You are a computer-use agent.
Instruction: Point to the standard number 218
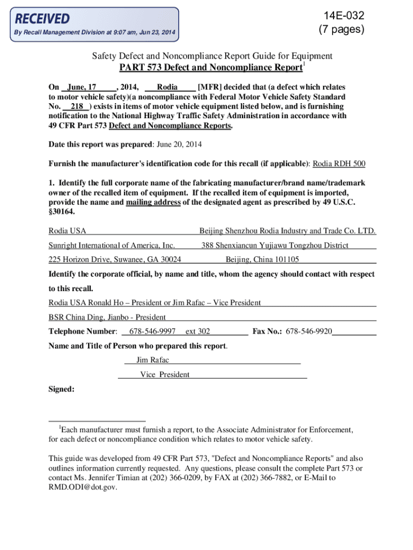pyautogui.click(x=77, y=106)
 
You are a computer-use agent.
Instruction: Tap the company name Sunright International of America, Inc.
pyautogui.click(x=112, y=245)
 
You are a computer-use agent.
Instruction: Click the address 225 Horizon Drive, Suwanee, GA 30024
pyautogui.click(x=115, y=260)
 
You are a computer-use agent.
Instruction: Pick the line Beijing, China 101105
pyautogui.click(x=262, y=260)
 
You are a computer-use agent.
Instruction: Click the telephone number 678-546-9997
pyautogui.click(x=153, y=331)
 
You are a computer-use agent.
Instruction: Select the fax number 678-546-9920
pyautogui.click(x=309, y=331)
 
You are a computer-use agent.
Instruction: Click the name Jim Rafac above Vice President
pyautogui.click(x=153, y=360)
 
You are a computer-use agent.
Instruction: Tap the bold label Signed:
pyautogui.click(x=61, y=389)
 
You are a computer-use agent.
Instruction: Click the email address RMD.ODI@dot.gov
pyautogui.click(x=83, y=487)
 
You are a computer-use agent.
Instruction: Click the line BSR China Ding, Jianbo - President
pyautogui.click(x=107, y=317)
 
